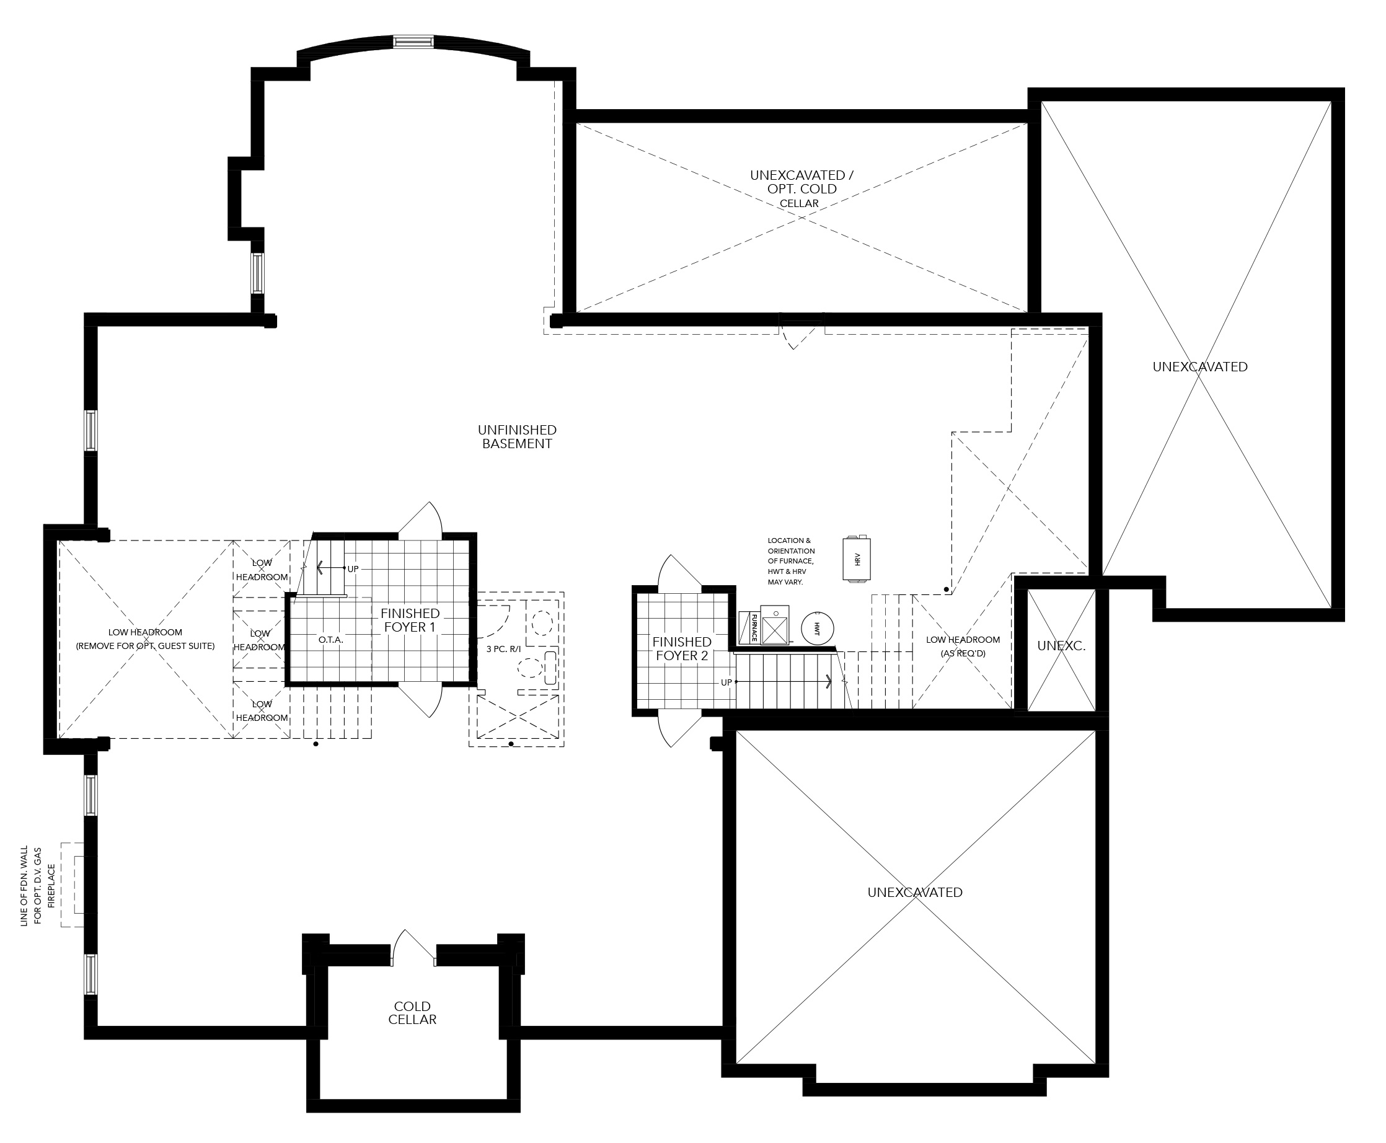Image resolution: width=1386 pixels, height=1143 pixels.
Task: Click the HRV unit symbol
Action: point(857,558)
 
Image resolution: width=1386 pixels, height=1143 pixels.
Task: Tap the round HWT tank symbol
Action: point(817,628)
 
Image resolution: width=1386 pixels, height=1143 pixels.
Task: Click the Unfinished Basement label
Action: point(517,436)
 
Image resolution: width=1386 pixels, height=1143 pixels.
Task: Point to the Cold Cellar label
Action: point(412,1013)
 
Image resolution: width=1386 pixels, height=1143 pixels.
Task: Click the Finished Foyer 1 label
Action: point(410,620)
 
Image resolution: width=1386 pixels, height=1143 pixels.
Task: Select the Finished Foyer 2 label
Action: point(681,648)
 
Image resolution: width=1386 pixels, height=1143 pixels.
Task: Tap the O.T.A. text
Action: point(330,639)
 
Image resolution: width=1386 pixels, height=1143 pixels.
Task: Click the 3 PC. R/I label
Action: point(503,648)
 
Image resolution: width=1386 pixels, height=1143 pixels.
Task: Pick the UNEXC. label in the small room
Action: point(1061,646)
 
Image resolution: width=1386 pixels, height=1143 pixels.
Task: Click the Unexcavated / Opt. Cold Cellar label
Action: point(801,189)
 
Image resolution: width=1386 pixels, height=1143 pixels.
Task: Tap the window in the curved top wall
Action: point(413,42)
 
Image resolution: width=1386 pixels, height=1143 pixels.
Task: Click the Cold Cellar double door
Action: point(413,948)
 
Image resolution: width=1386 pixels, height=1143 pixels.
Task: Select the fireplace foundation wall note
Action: point(38,886)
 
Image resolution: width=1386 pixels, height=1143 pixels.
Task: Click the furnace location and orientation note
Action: point(791,561)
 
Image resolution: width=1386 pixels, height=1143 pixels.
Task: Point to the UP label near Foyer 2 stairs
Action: point(726,682)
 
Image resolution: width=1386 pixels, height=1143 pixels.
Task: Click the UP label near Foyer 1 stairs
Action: point(353,569)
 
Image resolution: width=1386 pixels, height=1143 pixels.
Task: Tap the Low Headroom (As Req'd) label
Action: point(963,646)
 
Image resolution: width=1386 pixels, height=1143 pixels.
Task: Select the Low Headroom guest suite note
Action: point(146,638)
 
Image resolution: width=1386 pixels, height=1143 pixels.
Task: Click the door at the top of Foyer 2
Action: point(680,570)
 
